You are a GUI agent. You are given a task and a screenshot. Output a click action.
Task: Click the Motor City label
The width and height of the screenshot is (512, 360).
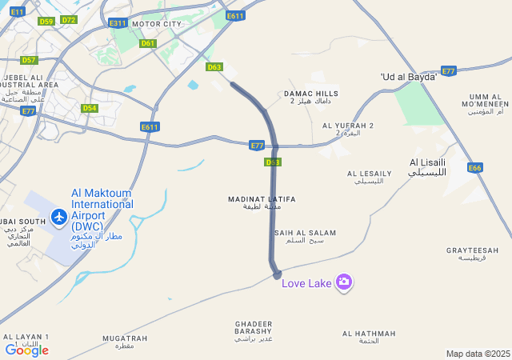(157, 24)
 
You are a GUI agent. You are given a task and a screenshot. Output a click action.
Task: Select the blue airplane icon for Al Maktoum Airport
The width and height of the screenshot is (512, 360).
(58, 216)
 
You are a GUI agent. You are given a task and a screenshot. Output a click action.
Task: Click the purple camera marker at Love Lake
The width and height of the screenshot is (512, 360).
(344, 282)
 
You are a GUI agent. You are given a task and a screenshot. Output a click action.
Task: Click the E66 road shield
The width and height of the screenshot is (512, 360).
(475, 168)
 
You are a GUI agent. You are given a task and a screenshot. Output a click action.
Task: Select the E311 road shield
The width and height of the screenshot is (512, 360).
(118, 23)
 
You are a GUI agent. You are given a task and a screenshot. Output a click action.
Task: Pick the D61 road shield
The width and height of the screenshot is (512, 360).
(148, 43)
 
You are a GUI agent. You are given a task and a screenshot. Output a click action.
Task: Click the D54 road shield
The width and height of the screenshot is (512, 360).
(90, 108)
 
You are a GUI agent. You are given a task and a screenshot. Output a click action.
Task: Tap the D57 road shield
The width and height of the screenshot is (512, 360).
(29, 60)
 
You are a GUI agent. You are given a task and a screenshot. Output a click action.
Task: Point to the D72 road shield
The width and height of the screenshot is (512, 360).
(68, 20)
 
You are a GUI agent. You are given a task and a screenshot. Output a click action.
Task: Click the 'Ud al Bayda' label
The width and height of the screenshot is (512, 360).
(409, 77)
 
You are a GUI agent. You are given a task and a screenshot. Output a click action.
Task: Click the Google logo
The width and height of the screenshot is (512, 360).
(26, 350)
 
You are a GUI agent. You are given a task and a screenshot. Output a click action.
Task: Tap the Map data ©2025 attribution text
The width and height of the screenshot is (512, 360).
(478, 354)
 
